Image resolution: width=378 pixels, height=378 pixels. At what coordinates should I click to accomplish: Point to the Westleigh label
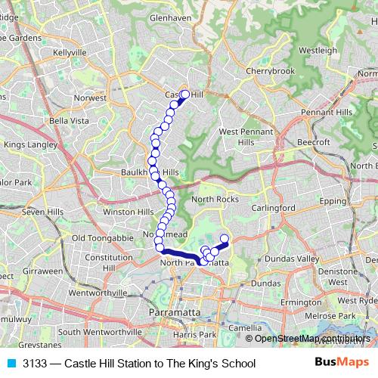(x=318, y=50)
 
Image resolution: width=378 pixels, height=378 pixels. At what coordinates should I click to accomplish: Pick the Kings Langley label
(x=30, y=144)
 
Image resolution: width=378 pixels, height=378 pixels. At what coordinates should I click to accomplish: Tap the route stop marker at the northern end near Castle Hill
(x=185, y=94)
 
